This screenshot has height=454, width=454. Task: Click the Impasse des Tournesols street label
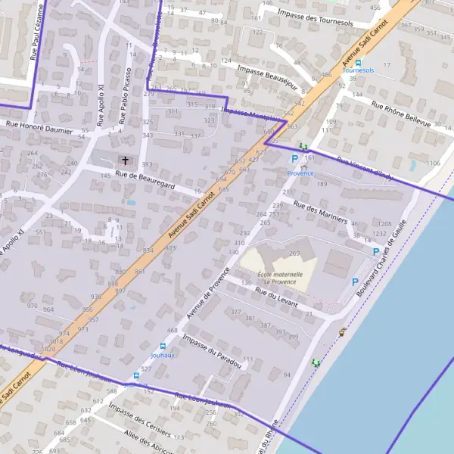tap(316, 18)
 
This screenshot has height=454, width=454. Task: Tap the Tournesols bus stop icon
tap(359, 63)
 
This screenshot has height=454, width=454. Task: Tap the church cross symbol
tap(125, 160)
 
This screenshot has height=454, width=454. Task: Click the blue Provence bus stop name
tap(300, 173)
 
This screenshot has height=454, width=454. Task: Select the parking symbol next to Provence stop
tap(294, 159)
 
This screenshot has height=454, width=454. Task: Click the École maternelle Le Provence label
tap(280, 279)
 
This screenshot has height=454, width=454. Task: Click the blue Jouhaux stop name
tap(162, 354)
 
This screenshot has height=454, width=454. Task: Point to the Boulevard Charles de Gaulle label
tap(382, 254)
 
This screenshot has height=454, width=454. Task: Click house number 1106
tap(434, 163)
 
